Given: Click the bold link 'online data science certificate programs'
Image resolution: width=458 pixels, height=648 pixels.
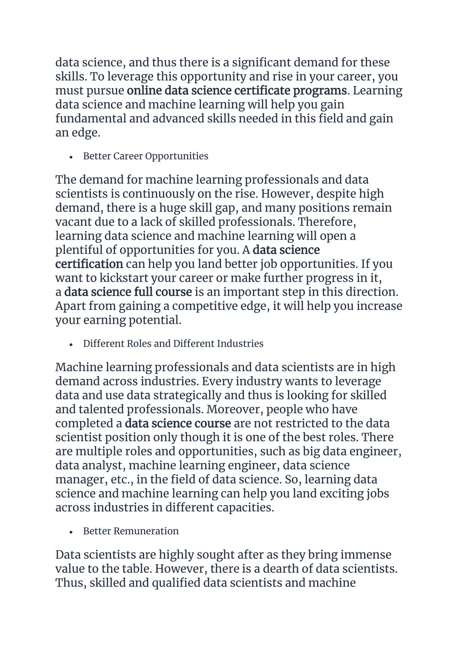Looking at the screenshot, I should pos(236,90).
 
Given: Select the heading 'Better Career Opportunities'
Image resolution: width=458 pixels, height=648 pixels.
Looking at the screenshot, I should pos(146,156).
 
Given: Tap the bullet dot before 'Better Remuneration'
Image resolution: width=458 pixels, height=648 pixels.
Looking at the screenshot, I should pos(71,532).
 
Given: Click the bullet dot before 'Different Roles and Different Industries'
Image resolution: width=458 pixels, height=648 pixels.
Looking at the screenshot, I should pos(71,344).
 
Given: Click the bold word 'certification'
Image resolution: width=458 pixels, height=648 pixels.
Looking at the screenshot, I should pos(89,264).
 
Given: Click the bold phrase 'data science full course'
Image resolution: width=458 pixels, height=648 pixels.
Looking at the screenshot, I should pos(128,292).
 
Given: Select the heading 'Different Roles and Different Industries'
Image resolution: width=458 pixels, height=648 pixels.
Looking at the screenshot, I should pos(173,343).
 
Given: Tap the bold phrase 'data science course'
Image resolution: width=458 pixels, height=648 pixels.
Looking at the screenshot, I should pos(178,423).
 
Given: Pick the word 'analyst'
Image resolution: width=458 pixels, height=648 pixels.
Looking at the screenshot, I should pos(102,465).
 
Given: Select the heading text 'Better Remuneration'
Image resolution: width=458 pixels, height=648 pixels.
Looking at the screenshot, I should pos(131,531).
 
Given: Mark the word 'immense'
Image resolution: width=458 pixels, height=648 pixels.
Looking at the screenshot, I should pos(366,555).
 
